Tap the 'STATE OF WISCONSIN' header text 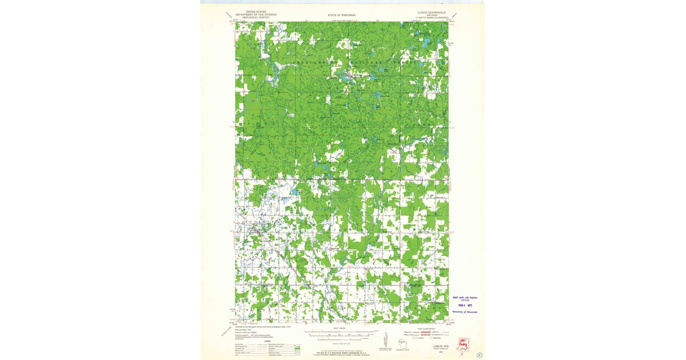(341, 15)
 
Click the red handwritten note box (462, 343)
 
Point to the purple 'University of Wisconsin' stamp (465, 311)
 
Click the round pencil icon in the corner (479, 354)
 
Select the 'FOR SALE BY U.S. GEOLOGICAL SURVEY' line (341, 354)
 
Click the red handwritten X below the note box (462, 354)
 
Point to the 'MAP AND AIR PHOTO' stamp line (465, 298)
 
